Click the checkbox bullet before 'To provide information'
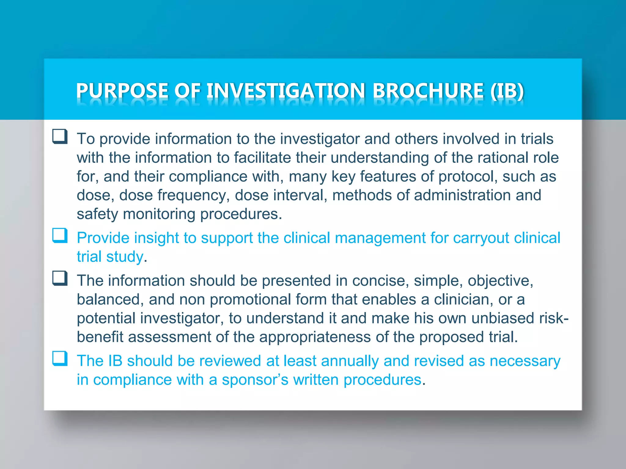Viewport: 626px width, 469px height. (60, 136)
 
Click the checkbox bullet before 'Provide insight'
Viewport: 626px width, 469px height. (60, 235)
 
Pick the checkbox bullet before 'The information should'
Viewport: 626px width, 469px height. (60, 278)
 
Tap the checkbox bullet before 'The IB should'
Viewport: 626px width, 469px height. (60, 358)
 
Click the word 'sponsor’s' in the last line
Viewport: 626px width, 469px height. (255, 380)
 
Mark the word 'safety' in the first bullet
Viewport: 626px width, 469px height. (97, 214)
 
